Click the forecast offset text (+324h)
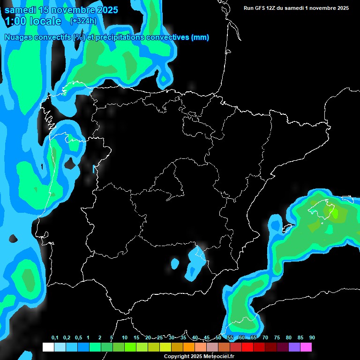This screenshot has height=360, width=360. (83, 21)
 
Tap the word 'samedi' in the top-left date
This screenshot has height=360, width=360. (20, 10)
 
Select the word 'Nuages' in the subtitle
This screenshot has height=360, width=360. (19, 37)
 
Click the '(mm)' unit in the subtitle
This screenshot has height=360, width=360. (200, 37)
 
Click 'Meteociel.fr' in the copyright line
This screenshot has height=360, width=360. (216, 357)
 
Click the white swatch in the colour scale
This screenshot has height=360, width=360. (48, 347)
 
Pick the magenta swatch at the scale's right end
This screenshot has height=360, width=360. (306, 347)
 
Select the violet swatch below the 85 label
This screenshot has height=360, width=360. (294, 347)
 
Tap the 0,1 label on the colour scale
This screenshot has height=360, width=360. (55, 338)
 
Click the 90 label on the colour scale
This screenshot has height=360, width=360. (312, 338)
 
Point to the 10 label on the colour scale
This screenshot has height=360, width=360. (125, 338)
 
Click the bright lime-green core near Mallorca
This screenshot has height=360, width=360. (335, 213)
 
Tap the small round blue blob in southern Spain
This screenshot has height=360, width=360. (175, 264)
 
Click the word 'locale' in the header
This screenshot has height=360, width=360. (45, 21)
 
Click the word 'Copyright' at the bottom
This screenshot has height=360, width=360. (177, 357)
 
